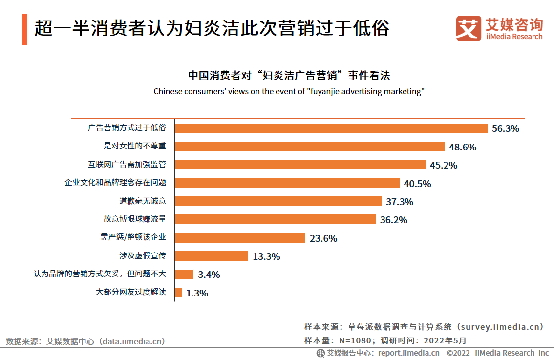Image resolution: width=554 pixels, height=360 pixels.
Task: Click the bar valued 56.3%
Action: pos(331,128)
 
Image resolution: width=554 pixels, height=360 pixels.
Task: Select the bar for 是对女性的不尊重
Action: pos(310,147)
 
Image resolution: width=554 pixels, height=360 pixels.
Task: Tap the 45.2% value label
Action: pos(444,165)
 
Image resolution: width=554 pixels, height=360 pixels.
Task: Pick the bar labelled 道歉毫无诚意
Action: pos(278,201)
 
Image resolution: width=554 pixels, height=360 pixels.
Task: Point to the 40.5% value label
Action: pos(417,184)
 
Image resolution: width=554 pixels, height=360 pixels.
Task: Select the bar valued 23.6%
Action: pos(240,238)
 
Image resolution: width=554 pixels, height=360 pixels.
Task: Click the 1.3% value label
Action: pos(197,293)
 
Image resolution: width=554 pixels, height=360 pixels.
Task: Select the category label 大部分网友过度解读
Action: pos(131,293)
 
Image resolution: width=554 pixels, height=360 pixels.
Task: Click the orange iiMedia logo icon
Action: pos(469,28)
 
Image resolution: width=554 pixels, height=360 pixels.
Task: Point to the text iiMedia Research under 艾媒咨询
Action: pos(514,37)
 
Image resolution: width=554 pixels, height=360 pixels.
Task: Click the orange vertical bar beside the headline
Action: pos(24,30)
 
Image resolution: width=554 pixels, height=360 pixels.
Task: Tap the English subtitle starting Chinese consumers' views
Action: pos(289,91)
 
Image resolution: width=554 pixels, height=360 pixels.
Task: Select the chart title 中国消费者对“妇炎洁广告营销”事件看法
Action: pos(289,76)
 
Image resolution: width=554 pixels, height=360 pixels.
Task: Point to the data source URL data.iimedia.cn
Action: pos(132,341)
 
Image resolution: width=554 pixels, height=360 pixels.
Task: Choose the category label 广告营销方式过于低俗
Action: pos(127,128)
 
